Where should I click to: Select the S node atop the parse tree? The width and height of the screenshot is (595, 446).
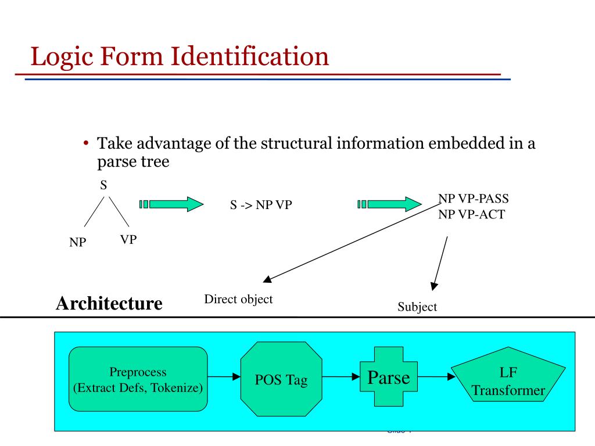coord(104,185)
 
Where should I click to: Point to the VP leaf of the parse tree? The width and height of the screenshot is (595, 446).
coord(128,239)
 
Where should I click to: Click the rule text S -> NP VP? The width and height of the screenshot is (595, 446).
coord(260,205)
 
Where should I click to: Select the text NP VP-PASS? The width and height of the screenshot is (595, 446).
coord(474,199)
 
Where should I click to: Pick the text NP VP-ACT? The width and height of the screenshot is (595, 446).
coord(471,214)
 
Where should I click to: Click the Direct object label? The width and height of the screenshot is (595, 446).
coord(238,299)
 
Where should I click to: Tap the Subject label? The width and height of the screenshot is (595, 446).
coord(417,307)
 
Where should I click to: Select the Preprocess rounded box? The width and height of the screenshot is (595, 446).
coord(138,380)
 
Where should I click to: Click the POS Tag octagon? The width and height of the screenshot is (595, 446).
coord(281,380)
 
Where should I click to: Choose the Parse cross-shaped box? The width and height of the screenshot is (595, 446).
coord(389,378)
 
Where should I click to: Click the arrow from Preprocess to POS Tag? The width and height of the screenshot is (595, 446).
coord(224,376)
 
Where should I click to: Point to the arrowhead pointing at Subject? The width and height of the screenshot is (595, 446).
coord(433,286)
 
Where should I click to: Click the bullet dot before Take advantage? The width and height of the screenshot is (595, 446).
coord(85,143)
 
